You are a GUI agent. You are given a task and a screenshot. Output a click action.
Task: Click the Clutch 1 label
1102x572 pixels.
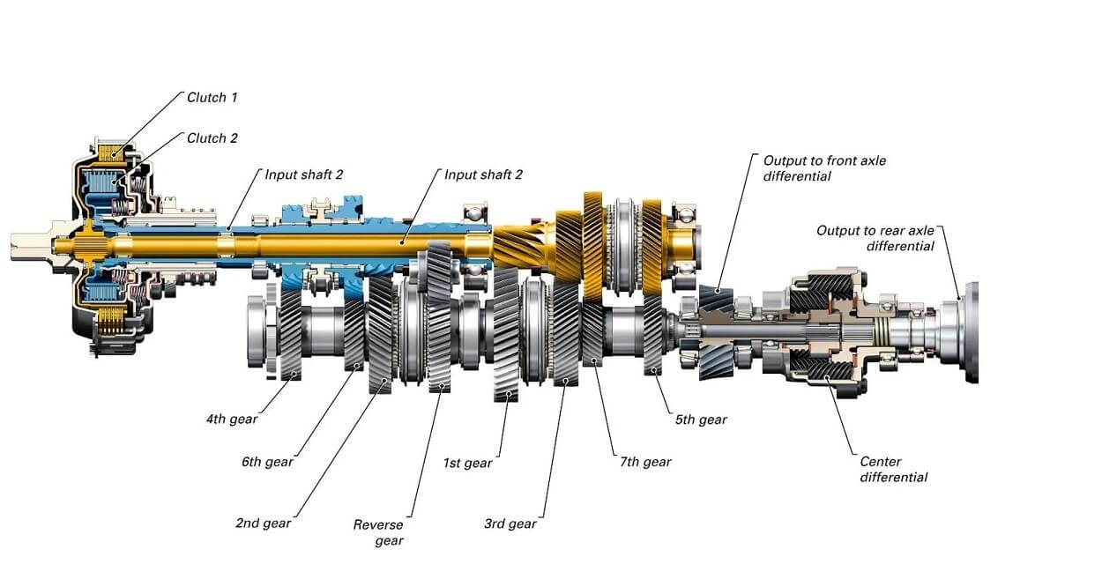click(x=212, y=98)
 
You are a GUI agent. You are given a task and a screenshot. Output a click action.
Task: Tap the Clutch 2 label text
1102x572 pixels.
click(x=212, y=138)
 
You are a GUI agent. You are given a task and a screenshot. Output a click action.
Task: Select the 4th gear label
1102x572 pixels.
click(x=232, y=419)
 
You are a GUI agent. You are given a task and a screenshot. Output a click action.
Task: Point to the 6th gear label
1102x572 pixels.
click(x=267, y=462)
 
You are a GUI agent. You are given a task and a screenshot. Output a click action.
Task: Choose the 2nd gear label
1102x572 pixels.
click(x=263, y=523)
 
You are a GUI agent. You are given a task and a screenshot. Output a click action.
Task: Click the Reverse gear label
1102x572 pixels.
click(x=379, y=532)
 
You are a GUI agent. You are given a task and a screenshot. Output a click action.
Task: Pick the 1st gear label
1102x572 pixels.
click(x=467, y=463)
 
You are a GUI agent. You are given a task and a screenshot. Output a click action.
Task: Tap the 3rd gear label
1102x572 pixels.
click(x=510, y=524)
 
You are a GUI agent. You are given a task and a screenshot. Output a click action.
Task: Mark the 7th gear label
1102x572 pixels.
click(x=645, y=462)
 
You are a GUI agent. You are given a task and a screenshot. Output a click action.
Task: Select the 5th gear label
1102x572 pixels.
click(x=701, y=420)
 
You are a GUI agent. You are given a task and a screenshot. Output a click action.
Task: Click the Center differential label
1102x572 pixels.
click(x=893, y=469)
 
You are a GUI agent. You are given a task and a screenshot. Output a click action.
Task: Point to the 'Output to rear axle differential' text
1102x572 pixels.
click(x=875, y=238)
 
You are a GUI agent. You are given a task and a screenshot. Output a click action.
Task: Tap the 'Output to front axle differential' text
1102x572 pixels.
click(x=824, y=168)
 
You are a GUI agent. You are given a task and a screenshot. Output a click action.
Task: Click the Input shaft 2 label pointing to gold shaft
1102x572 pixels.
click(x=483, y=175)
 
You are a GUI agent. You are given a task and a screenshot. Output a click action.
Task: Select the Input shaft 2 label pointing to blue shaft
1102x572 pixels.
click(x=304, y=175)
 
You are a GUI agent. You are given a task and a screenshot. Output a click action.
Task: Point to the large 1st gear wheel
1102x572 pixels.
click(x=506, y=335)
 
